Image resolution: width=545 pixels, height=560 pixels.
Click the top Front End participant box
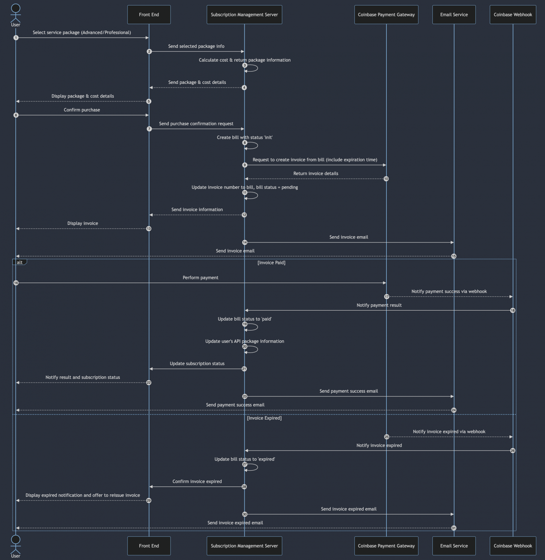click(x=149, y=15)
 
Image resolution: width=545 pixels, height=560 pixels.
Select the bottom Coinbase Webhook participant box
click(x=513, y=546)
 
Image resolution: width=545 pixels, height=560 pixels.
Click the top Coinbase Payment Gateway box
click(x=386, y=15)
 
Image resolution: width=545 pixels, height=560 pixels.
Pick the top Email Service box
click(x=454, y=15)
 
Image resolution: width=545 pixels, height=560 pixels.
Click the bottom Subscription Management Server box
click(x=244, y=546)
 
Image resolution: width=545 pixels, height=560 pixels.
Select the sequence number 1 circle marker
click(x=16, y=38)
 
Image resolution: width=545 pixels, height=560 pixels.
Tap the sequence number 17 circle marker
click(x=386, y=297)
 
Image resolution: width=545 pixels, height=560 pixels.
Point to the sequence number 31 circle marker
click(x=453, y=528)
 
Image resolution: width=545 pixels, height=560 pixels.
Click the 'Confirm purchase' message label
click(x=82, y=110)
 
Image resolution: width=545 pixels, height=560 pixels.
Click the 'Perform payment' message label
click(x=201, y=277)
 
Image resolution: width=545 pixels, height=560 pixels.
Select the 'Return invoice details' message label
click(x=316, y=174)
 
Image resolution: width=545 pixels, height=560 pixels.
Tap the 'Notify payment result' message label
click(x=379, y=305)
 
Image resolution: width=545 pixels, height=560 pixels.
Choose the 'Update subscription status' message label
click(x=197, y=363)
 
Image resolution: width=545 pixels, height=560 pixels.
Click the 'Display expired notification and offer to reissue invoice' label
click(x=83, y=495)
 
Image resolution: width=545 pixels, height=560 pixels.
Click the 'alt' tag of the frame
click(x=20, y=262)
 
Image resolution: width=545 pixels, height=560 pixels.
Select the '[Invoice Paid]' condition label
click(x=271, y=262)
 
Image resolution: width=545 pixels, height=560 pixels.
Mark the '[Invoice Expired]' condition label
click(x=264, y=418)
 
